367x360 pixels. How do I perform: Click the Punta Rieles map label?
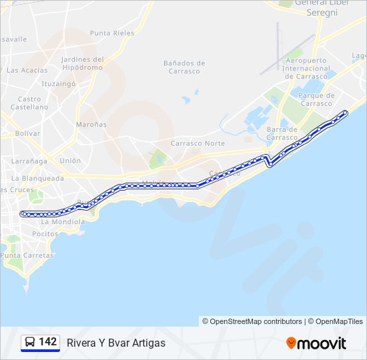click(112, 33)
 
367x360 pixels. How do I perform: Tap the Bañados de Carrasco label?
click(184, 67)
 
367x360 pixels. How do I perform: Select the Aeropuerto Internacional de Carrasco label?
click(307, 68)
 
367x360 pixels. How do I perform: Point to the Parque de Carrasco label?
click(316, 99)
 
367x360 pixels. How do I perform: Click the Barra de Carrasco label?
click(282, 133)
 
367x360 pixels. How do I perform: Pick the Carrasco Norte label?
click(198, 143)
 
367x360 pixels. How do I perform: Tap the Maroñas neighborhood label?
click(91, 125)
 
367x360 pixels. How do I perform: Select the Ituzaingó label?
click(59, 84)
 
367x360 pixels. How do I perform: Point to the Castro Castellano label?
click(29, 103)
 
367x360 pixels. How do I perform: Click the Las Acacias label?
click(27, 70)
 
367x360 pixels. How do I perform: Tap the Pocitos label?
click(45, 234)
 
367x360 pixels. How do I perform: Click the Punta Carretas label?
click(27, 255)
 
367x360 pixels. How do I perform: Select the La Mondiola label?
click(61, 221)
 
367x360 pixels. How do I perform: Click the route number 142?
click(48, 342)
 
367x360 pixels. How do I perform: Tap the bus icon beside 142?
click(30, 342)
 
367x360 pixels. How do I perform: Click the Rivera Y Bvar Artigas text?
click(115, 343)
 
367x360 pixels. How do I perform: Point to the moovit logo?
click(316, 343)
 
